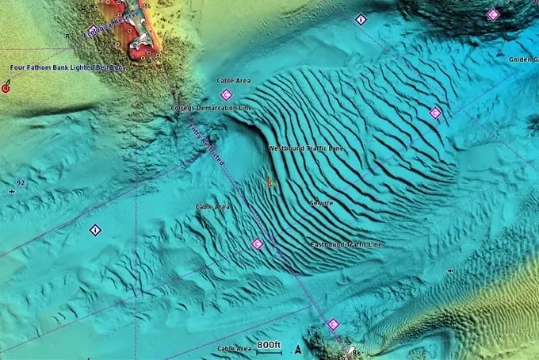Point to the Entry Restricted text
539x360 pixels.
click(x=207, y=143)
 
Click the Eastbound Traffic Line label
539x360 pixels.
click(x=346, y=244)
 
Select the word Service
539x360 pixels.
click(x=321, y=203)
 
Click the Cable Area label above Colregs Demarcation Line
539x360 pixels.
click(x=235, y=81)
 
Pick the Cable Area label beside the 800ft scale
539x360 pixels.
click(x=235, y=348)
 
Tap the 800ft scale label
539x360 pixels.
click(x=269, y=345)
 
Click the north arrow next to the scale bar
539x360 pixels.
click(x=298, y=349)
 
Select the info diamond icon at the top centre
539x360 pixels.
click(x=361, y=19)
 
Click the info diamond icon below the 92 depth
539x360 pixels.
click(x=95, y=230)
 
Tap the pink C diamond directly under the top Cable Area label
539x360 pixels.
click(x=226, y=95)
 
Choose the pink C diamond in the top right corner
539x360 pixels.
click(x=493, y=14)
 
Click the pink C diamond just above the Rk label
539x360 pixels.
click(x=333, y=324)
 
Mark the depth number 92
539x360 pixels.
click(x=21, y=182)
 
